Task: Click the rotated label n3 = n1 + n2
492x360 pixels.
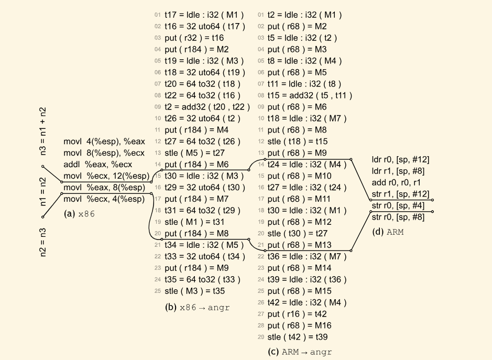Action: [x=43, y=132]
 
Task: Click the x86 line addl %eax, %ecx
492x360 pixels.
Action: [x=94, y=165]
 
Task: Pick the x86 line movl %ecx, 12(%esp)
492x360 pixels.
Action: [x=106, y=176]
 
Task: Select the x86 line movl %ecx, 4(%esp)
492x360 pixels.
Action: [x=104, y=199]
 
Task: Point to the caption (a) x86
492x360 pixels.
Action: [x=81, y=214]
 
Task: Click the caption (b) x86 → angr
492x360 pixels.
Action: [x=197, y=308]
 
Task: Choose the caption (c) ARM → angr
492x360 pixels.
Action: [x=300, y=352]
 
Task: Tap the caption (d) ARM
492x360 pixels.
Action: [x=388, y=232]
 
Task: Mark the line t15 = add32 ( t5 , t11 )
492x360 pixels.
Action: [x=310, y=95]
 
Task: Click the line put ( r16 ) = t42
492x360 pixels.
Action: [x=297, y=314]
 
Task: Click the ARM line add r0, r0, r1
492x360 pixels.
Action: [x=393, y=182]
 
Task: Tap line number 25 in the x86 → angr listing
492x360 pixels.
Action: [x=158, y=291]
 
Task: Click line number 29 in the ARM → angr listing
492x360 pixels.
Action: [x=261, y=337]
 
